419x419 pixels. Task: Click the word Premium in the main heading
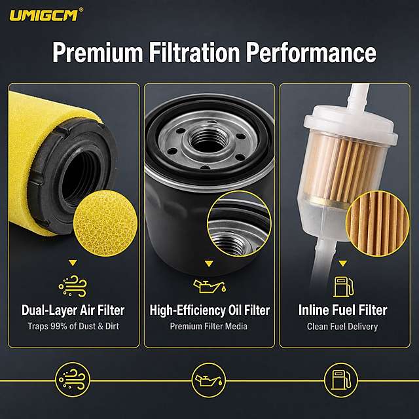pyautogui.click(x=98, y=52)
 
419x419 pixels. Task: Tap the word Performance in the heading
pyautogui.click(x=311, y=52)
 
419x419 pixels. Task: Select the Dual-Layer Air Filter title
pyautogui.click(x=73, y=310)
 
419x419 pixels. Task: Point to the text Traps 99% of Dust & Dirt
pyautogui.click(x=73, y=326)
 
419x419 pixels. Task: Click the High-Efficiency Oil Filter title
pyautogui.click(x=209, y=310)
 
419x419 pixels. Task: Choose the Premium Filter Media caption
pyautogui.click(x=209, y=326)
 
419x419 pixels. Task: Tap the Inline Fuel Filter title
pyautogui.click(x=342, y=310)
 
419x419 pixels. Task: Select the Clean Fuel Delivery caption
pyautogui.click(x=342, y=326)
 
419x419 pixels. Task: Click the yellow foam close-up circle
pyautogui.click(x=105, y=223)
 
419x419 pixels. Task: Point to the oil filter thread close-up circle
pyautogui.click(x=240, y=224)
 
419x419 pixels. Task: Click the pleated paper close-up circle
pyautogui.click(x=378, y=223)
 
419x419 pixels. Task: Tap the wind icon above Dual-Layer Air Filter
pyautogui.click(x=73, y=286)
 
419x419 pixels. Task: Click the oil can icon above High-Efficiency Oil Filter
pyautogui.click(x=209, y=286)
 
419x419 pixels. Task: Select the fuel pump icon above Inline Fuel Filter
pyautogui.click(x=343, y=287)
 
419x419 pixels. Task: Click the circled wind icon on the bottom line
pyautogui.click(x=73, y=380)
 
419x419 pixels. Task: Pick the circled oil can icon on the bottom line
pyautogui.click(x=209, y=380)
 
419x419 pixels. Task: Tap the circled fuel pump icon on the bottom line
pyautogui.click(x=340, y=380)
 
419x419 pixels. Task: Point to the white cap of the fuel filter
pyautogui.click(x=351, y=126)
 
